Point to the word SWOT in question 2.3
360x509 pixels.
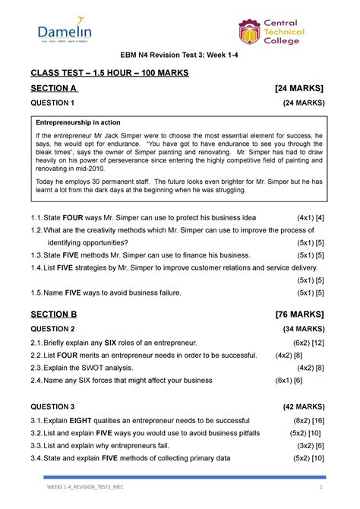tap(96, 368)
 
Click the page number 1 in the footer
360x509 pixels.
tap(322, 487)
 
